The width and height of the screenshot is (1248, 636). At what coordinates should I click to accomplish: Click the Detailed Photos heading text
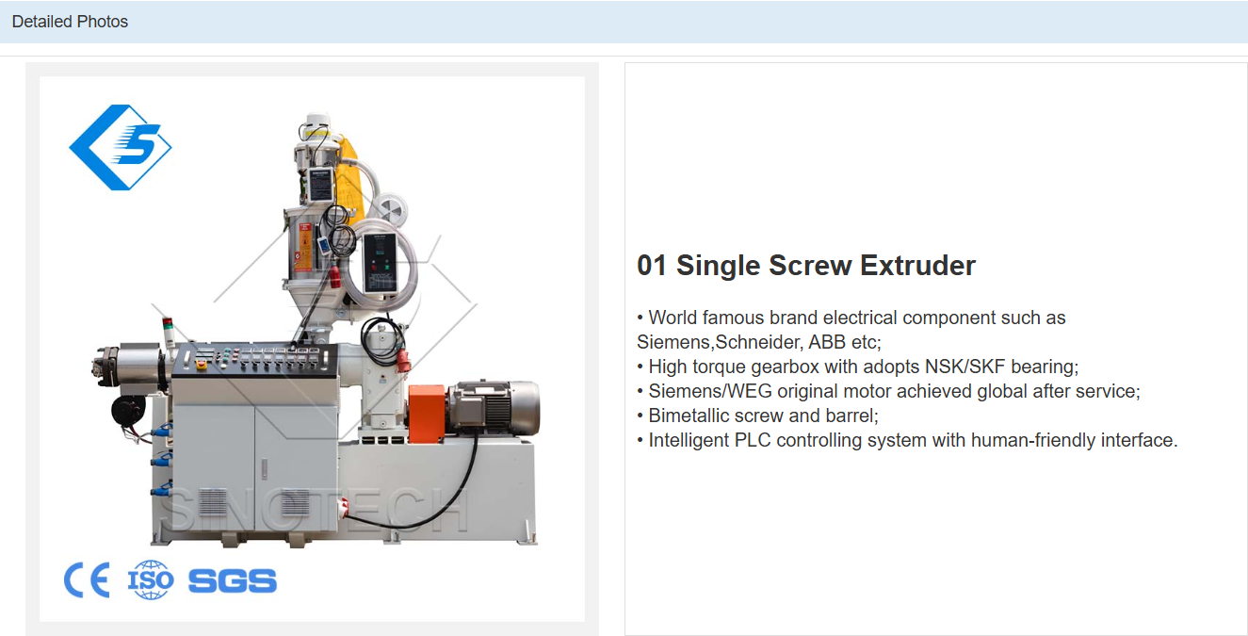pyautogui.click(x=70, y=21)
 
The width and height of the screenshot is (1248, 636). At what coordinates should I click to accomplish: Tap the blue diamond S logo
pyautogui.click(x=121, y=147)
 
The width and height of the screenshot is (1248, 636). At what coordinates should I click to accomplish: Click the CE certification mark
pyautogui.click(x=87, y=580)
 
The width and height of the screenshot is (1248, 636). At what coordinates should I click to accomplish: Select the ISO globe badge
pyautogui.click(x=151, y=580)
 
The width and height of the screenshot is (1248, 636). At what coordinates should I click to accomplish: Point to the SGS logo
pyautogui.click(x=233, y=580)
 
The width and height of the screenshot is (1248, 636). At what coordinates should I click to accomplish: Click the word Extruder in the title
pyautogui.click(x=917, y=266)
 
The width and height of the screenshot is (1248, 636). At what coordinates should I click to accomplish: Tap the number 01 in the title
pyautogui.click(x=651, y=266)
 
